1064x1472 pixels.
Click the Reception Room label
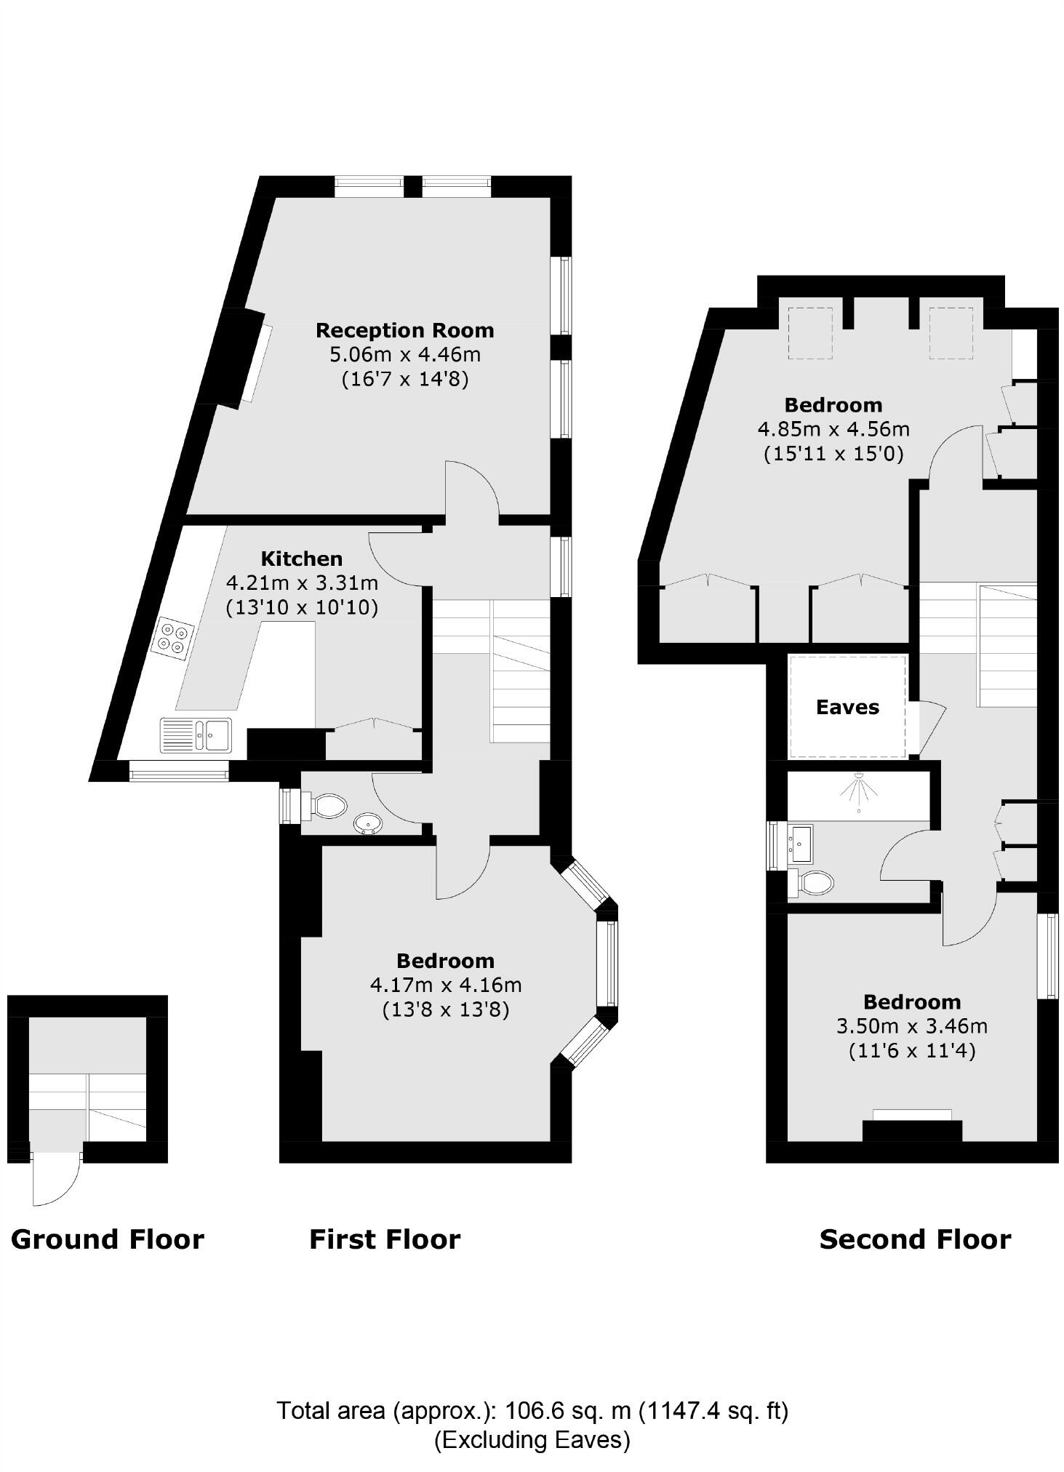pos(404,330)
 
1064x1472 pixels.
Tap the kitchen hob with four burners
pos(173,637)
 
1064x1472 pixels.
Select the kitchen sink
pos(196,734)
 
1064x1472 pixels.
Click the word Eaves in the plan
pos(847,707)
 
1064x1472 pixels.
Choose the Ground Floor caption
pos(108,1239)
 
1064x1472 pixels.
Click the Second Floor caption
pos(915,1239)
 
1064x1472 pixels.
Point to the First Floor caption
pos(385,1239)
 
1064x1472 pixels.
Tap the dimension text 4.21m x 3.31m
pos(302,583)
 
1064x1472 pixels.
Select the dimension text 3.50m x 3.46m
pos(911,1026)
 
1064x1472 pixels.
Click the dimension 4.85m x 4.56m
pos(833,429)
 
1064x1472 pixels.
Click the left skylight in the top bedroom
pos(810,333)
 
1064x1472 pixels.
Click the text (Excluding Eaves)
pos(532,1440)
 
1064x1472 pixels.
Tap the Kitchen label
pos(302,559)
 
